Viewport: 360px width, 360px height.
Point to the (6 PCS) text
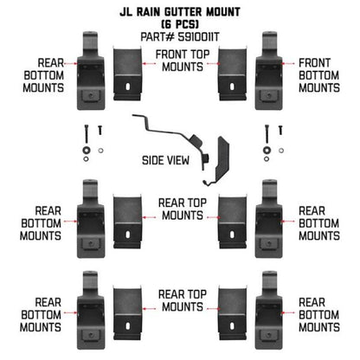[x=180, y=25]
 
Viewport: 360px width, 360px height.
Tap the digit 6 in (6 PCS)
[x=165, y=25]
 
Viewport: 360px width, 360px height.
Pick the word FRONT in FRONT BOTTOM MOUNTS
[x=317, y=63]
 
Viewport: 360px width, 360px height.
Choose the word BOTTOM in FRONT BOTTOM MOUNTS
[x=317, y=75]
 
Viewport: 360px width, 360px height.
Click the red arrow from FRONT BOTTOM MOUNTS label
[x=291, y=63]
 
